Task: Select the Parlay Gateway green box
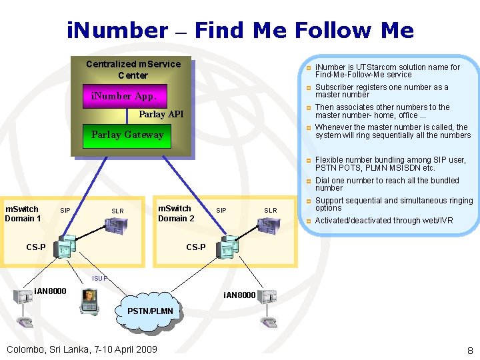pyautogui.click(x=127, y=135)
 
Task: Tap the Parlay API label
pyautogui.click(x=161, y=115)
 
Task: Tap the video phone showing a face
pyautogui.click(x=88, y=301)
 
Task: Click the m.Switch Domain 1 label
pyautogui.click(x=23, y=213)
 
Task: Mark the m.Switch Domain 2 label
pyautogui.click(x=176, y=213)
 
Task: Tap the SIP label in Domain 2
pyautogui.click(x=221, y=211)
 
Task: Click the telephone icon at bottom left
pyautogui.click(x=25, y=323)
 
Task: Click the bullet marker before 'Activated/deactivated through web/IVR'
pyautogui.click(x=309, y=221)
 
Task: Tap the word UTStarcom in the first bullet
pyautogui.click(x=376, y=67)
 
